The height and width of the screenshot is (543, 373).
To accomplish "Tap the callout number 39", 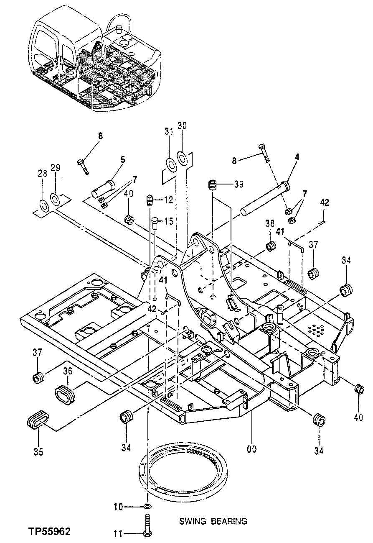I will click(x=239, y=184).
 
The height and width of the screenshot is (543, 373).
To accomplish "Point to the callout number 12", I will click(x=168, y=201).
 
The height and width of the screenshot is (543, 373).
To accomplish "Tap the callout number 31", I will click(x=168, y=131).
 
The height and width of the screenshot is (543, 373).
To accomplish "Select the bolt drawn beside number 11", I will click(x=147, y=527).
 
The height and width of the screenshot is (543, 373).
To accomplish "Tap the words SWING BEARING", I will click(x=213, y=521).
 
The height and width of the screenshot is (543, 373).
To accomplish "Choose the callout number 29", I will click(x=55, y=168).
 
